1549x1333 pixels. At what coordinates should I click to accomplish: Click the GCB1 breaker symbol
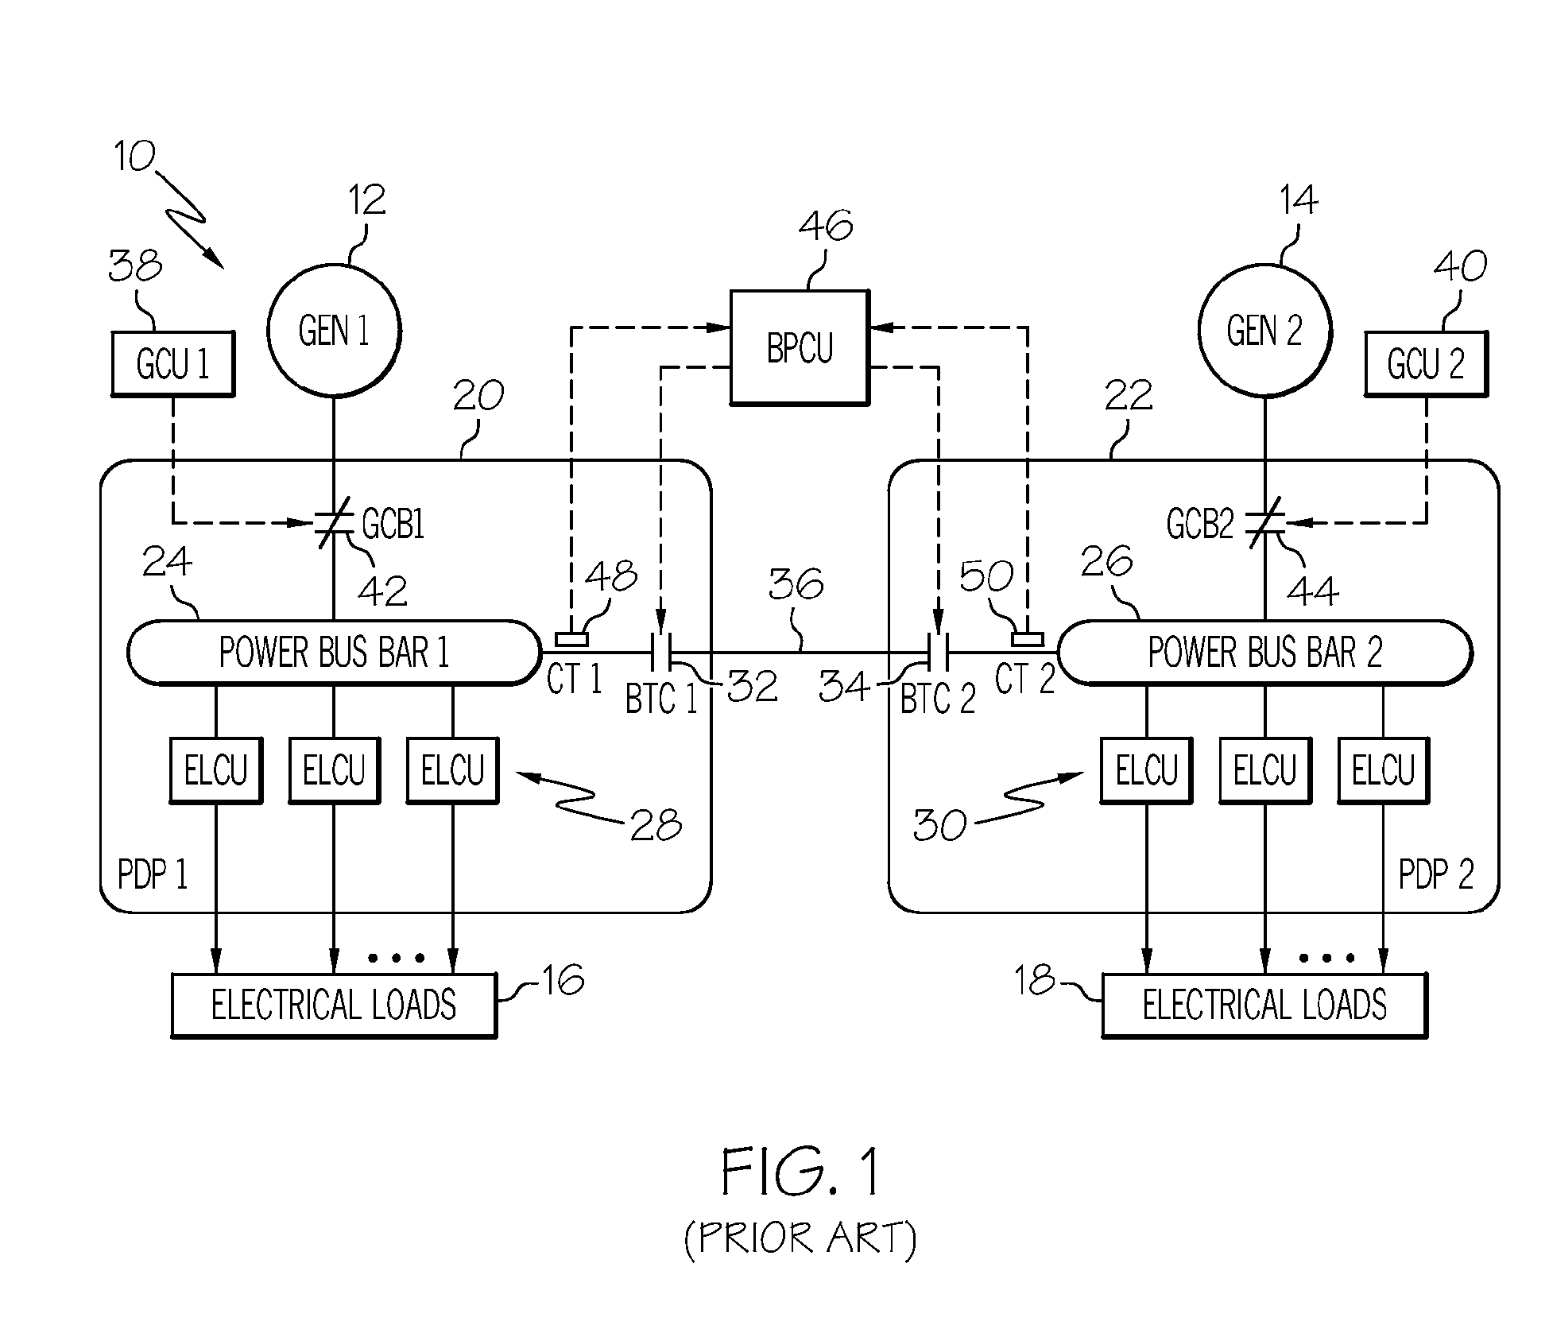(x=334, y=523)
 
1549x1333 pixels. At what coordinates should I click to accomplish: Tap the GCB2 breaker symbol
(x=1264, y=523)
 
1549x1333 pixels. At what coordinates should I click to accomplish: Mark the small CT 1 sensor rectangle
(x=571, y=639)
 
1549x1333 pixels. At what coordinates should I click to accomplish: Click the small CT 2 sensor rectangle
(x=1027, y=639)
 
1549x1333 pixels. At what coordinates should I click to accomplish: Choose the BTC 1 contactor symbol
(x=661, y=653)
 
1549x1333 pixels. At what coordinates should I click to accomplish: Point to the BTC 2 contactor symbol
(x=939, y=653)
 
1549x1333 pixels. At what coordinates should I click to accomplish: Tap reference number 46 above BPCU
(x=826, y=226)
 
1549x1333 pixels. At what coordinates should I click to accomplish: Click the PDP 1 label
(x=153, y=874)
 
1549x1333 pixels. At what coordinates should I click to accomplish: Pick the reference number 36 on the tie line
(x=796, y=584)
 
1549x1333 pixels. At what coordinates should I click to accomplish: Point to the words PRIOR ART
(x=800, y=1238)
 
